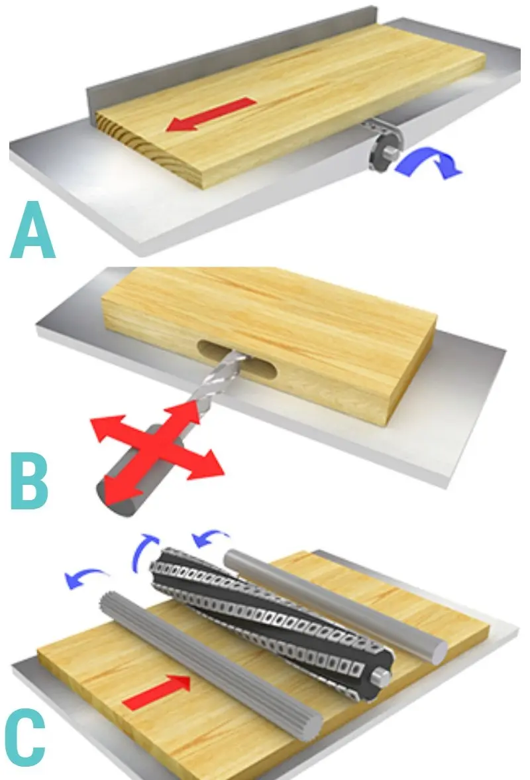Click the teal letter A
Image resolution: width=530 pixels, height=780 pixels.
pyautogui.click(x=32, y=229)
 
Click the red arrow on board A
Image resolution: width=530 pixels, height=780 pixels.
pyautogui.click(x=211, y=114)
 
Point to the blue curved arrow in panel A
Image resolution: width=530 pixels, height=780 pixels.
pyautogui.click(x=428, y=163)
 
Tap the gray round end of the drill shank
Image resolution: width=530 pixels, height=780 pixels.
pyautogui.click(x=117, y=503)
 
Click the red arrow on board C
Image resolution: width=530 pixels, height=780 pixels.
pyautogui.click(x=156, y=691)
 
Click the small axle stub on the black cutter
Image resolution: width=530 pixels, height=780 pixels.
pyautogui.click(x=382, y=675)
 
